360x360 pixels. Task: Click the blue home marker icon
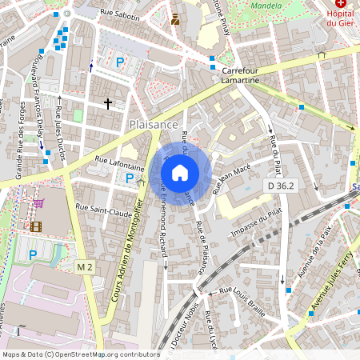[180, 173]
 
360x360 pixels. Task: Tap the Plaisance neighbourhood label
[152, 125]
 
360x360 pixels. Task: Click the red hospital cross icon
[342, 4]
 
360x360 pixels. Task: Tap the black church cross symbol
[108, 103]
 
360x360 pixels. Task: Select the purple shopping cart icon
[38, 203]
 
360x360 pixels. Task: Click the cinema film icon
[35, 226]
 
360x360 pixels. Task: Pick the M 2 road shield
[85, 265]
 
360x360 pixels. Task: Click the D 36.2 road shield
[282, 186]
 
